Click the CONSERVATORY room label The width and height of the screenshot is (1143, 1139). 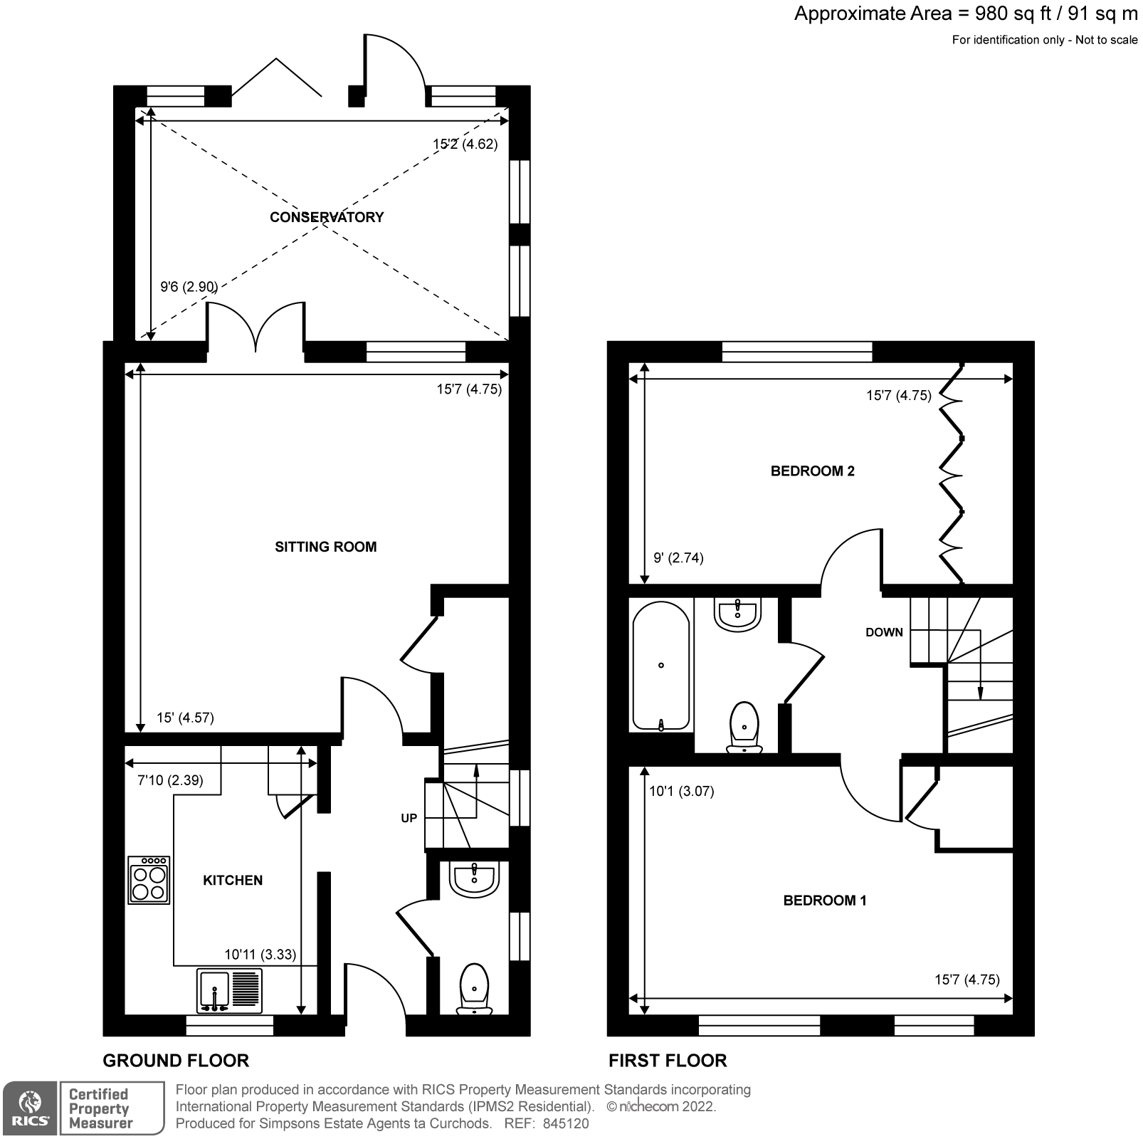pos(327,217)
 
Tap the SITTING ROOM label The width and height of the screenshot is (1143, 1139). pos(325,547)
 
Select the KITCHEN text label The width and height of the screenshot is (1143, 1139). pos(233,881)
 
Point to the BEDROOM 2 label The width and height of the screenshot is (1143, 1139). pos(812,471)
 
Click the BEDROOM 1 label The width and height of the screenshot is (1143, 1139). pos(824,901)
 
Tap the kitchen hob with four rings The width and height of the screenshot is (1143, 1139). pos(149,881)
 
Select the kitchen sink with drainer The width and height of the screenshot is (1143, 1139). pos(229,990)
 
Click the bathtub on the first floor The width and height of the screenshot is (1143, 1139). pos(661,666)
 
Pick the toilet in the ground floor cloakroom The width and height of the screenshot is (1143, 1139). pos(474,988)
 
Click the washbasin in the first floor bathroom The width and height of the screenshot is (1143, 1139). pos(739,614)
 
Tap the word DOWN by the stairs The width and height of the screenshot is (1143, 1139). pos(884,632)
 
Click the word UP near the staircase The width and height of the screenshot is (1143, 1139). pos(409,818)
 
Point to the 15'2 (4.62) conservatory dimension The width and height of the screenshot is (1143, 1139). pos(465,144)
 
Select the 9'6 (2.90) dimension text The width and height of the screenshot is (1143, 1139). pos(189,287)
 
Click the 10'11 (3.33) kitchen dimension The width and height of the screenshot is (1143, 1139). pos(260,955)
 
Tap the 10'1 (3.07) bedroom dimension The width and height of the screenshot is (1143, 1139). pos(681,791)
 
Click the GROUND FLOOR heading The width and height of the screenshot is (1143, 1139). pos(176,1061)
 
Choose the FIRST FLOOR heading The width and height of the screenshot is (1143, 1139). pos(667,1061)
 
